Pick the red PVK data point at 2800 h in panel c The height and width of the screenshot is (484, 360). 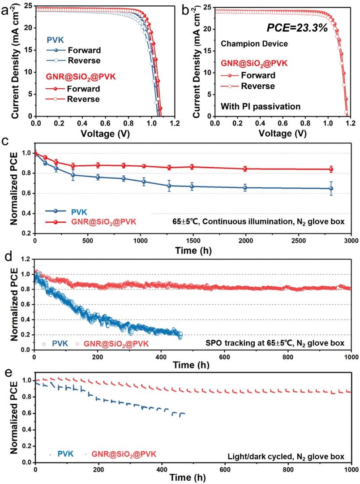[331, 169]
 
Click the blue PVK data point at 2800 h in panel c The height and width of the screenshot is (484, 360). [331, 188]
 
